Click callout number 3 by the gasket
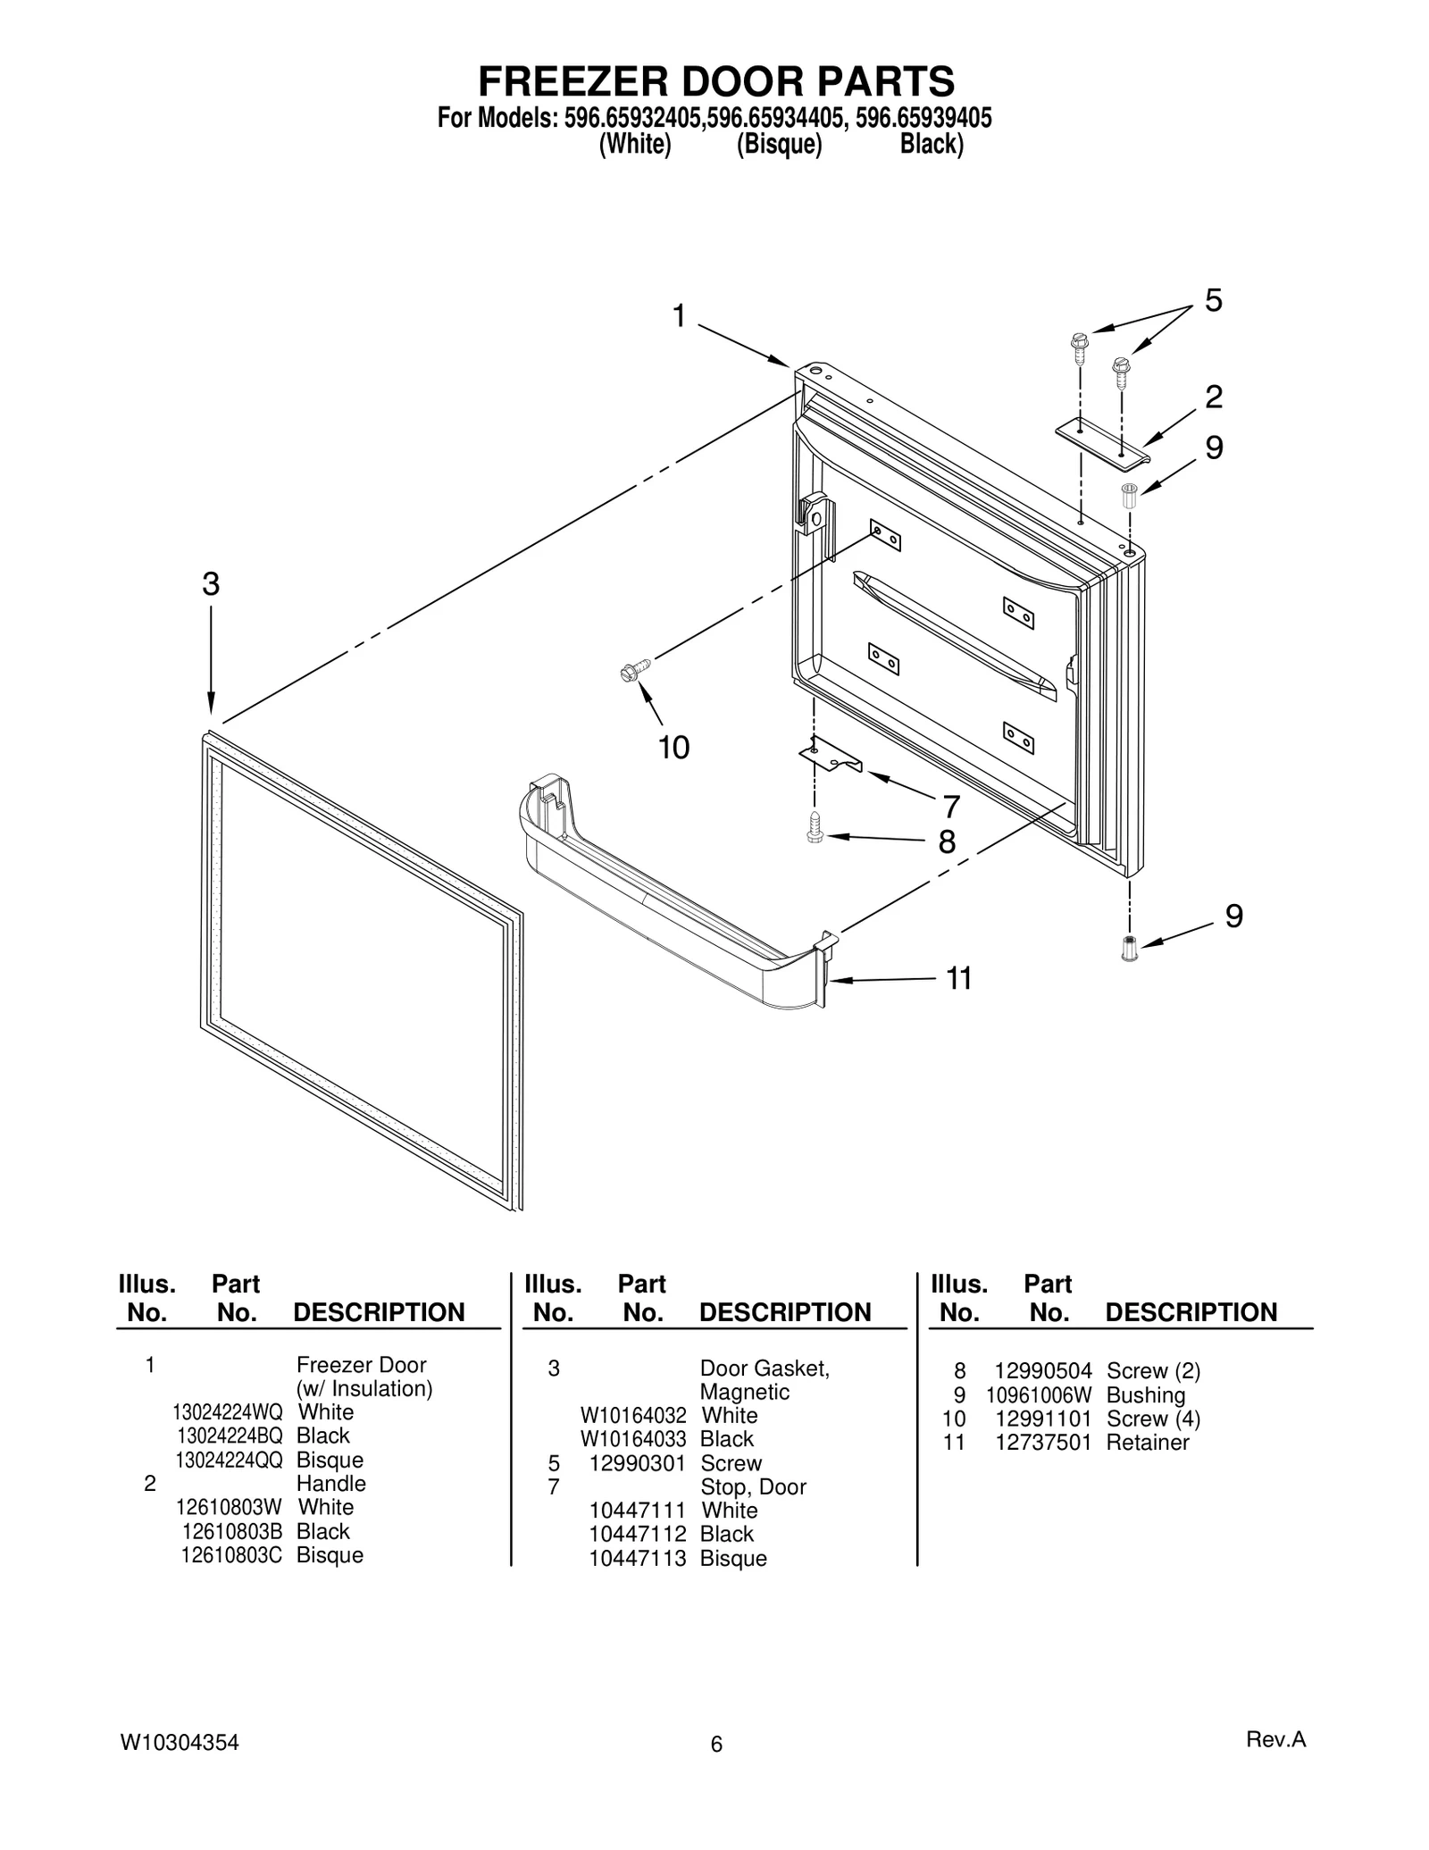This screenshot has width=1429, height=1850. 210,584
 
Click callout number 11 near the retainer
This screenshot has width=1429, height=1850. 958,979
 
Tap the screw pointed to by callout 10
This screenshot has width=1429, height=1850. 634,671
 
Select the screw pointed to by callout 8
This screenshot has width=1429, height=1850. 814,828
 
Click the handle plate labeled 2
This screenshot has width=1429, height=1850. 1102,443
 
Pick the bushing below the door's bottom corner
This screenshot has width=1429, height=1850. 1129,948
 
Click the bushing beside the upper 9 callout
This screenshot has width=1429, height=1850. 1128,495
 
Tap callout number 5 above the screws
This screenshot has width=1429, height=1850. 1212,301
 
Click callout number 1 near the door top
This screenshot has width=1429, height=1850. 679,316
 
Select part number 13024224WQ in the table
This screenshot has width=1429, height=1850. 228,1412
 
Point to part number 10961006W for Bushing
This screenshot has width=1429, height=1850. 1039,1395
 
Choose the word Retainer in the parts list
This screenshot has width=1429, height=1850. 1147,1443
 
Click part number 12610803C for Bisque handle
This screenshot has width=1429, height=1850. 230,1555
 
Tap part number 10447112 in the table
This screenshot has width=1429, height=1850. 637,1534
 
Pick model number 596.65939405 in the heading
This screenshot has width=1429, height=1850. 923,119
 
